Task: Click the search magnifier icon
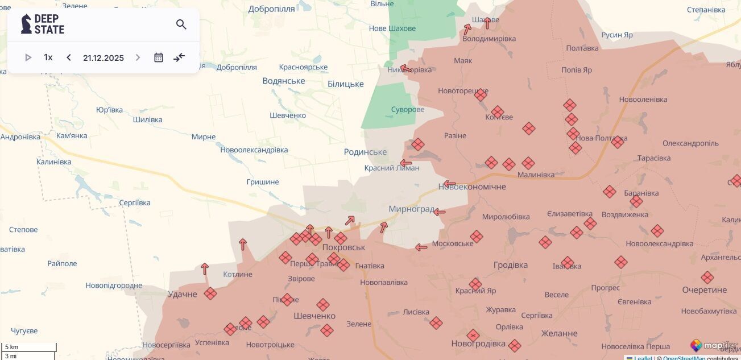(181, 24)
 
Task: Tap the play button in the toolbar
(28, 57)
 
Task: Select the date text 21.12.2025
(104, 57)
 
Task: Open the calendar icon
(159, 57)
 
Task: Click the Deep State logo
(43, 24)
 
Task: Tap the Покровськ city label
(343, 247)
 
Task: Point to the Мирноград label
(412, 209)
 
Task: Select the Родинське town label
(365, 152)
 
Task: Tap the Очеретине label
(704, 290)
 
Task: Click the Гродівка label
(510, 265)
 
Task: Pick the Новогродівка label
(478, 344)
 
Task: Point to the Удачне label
(183, 294)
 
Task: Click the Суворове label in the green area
(408, 109)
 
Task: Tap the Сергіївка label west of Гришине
(135, 202)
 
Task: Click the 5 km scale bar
(28, 347)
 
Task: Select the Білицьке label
(346, 84)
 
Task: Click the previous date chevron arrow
(69, 57)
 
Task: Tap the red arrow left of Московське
(421, 247)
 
